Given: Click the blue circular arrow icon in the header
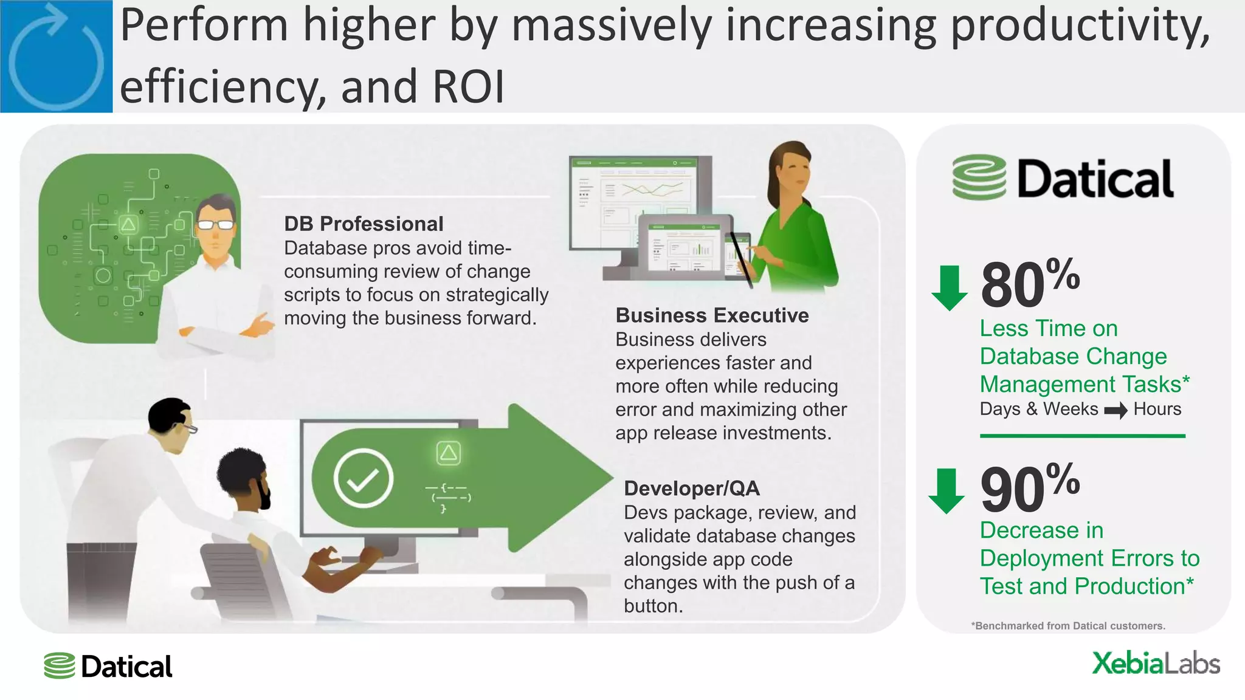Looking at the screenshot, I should [x=56, y=57].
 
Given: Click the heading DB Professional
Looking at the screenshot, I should [x=364, y=224].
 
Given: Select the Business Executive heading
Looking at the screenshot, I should [x=712, y=315].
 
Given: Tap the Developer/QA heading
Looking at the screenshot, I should [x=692, y=489].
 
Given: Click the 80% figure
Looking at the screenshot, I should [x=1030, y=283].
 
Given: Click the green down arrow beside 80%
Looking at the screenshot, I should [x=949, y=287].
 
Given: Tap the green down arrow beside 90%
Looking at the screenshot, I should [x=946, y=490].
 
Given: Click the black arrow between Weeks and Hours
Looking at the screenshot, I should [x=1116, y=411].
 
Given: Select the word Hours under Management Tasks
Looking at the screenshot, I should [x=1157, y=409].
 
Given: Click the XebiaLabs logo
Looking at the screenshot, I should [x=1156, y=664].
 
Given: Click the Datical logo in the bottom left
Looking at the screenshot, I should [x=108, y=667].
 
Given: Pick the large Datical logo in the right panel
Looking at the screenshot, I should [x=1063, y=178].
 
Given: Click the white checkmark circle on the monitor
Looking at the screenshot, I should [x=364, y=478].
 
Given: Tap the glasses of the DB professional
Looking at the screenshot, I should [x=216, y=225].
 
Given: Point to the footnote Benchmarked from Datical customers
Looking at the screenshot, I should [x=1068, y=626].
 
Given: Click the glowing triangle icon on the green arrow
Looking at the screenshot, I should [x=449, y=453].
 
